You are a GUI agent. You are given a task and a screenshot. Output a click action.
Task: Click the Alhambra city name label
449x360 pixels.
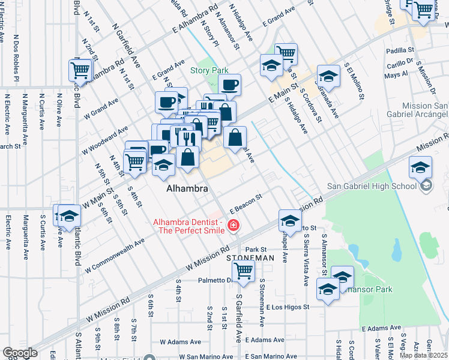pyautogui.click(x=187, y=189)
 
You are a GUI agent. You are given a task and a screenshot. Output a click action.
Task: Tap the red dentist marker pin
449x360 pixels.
pyautogui.click(x=233, y=226)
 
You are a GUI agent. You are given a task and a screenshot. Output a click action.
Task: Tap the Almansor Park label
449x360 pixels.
pyautogui.click(x=367, y=289)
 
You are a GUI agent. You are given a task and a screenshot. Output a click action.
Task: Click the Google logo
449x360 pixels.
pyautogui.click(x=20, y=353)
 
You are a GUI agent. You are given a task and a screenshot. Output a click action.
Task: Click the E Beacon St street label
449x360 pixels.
pyautogui.click(x=247, y=202)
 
